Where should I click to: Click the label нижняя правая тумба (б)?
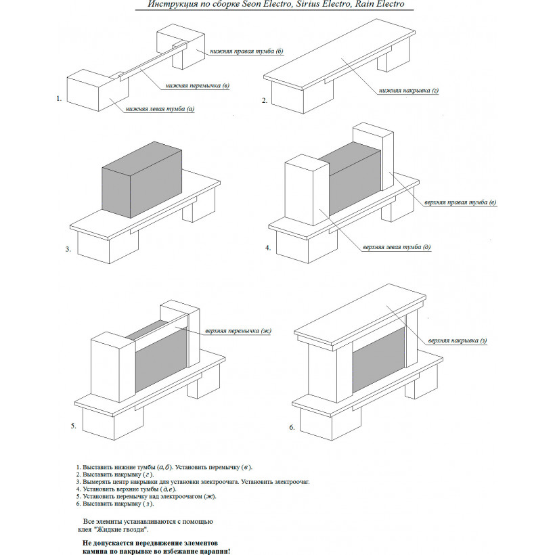tap(247, 51)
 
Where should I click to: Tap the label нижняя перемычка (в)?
tap(198, 86)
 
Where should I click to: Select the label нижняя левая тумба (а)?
tap(160, 109)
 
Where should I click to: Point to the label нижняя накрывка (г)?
tap(409, 91)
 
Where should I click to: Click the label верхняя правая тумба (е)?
tap(460, 202)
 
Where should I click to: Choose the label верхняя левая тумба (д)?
tap(397, 247)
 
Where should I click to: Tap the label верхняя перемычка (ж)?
tap(238, 331)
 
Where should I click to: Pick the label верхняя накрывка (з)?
tap(458, 340)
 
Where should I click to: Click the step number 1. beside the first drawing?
tap(59, 99)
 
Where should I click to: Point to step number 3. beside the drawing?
tap(68, 249)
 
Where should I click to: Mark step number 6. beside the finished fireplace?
tap(292, 427)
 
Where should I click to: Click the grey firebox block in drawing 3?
tap(142, 179)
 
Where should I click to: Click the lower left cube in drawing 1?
tap(97, 90)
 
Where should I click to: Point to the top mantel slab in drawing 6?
tap(360, 315)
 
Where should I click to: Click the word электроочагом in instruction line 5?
tap(179, 496)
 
